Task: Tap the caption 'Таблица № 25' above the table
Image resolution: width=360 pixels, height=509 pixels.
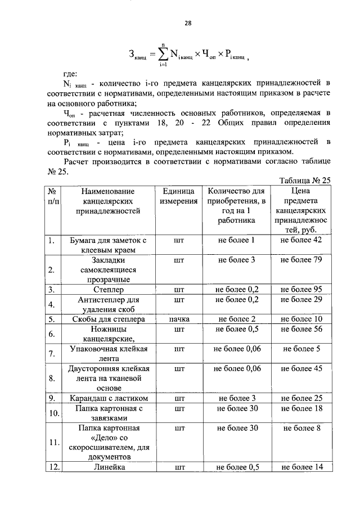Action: click(x=304, y=180)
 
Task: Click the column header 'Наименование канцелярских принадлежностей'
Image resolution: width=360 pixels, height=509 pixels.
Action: click(x=108, y=201)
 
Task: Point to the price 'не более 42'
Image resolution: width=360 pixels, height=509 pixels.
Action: click(x=301, y=240)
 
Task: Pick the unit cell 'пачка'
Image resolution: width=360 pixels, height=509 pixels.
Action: click(x=179, y=319)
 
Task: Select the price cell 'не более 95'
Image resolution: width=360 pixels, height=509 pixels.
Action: click(x=301, y=290)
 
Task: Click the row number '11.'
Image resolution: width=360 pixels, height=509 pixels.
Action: click(x=54, y=442)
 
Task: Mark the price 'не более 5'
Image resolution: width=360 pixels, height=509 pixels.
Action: click(x=301, y=349)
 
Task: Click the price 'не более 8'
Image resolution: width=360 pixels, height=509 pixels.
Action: click(x=301, y=428)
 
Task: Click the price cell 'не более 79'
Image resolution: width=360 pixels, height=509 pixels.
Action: click(x=301, y=260)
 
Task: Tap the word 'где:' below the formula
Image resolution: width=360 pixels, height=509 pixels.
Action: click(x=71, y=74)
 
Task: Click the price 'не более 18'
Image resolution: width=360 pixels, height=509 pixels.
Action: click(x=301, y=408)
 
